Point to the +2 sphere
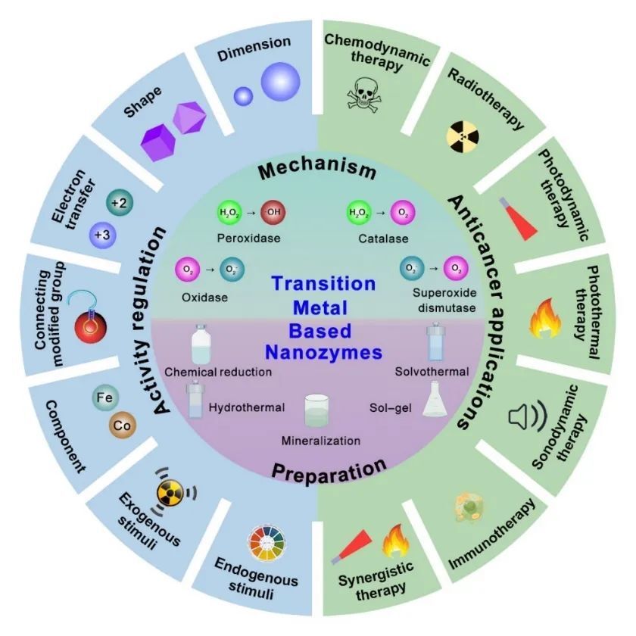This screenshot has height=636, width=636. click(x=117, y=203)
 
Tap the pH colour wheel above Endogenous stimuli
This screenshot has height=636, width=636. click(x=265, y=544)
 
